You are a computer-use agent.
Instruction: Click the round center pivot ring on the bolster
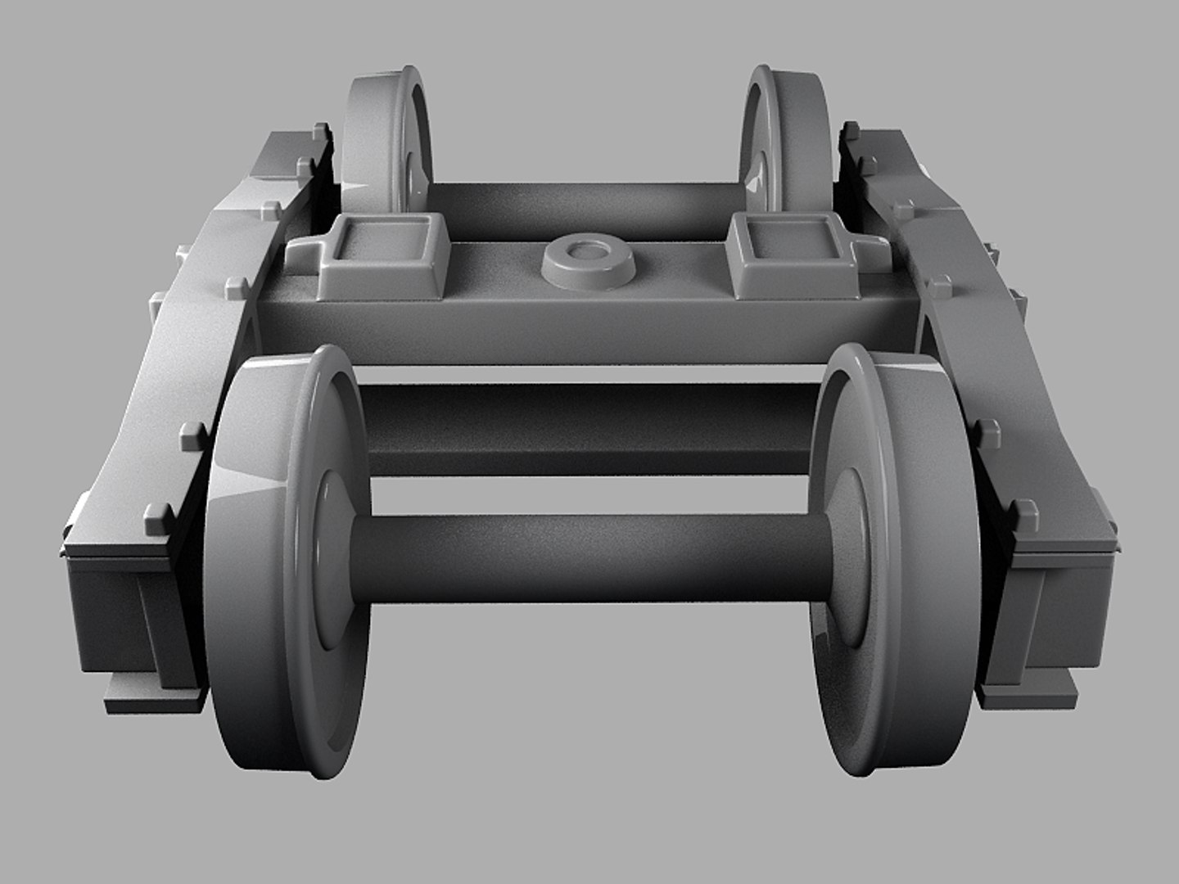pos(589,262)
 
